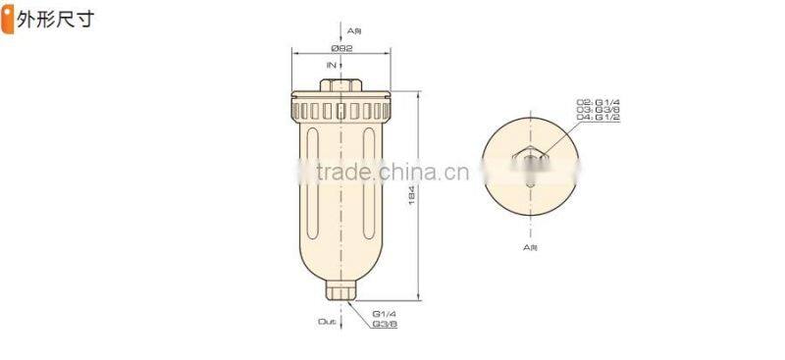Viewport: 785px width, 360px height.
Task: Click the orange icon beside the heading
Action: (8, 19)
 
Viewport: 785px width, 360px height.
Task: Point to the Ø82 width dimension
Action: (341, 47)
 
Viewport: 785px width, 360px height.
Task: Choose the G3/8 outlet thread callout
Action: (385, 323)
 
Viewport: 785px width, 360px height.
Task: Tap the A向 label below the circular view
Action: (530, 248)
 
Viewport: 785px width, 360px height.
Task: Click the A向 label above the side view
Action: (341, 31)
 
